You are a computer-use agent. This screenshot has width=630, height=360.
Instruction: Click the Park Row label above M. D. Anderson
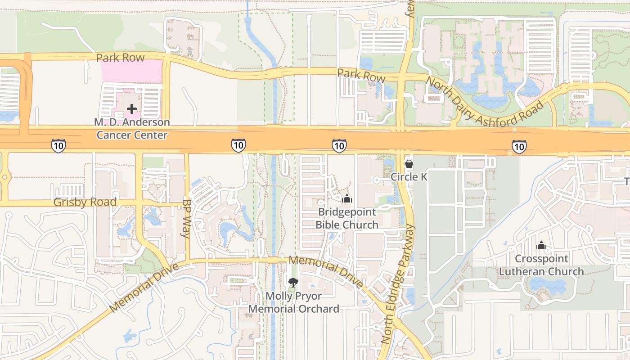pos(120,58)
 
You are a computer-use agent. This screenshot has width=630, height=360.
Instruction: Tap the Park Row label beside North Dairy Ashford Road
pos(361,75)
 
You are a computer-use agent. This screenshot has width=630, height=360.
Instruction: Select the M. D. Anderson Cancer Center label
pos(132,129)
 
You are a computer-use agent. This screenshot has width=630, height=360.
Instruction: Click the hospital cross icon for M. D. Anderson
pos(132,109)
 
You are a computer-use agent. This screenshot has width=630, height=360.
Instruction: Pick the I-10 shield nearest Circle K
pos(339,145)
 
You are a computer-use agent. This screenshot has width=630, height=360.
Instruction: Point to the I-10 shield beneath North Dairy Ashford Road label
pos(519,146)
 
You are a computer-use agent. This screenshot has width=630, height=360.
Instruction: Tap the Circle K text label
pos(409,177)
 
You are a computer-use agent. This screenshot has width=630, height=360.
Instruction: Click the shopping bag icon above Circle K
pos(409,164)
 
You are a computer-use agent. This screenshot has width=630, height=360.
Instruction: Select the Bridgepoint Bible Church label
pos(347,218)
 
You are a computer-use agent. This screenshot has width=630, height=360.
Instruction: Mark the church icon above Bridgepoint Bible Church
pos(347,198)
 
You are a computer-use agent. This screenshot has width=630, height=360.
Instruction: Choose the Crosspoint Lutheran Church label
pos(541,265)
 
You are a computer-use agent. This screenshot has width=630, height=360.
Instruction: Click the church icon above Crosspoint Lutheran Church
pos(541,245)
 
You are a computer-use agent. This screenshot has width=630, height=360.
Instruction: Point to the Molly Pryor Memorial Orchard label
pos(293,302)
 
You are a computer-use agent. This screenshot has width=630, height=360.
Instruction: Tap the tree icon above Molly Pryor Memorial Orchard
pos(293,283)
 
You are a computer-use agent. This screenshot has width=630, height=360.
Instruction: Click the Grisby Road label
pos(85,202)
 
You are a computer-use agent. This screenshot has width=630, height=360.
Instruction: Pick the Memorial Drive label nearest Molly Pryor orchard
pos(326,272)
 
